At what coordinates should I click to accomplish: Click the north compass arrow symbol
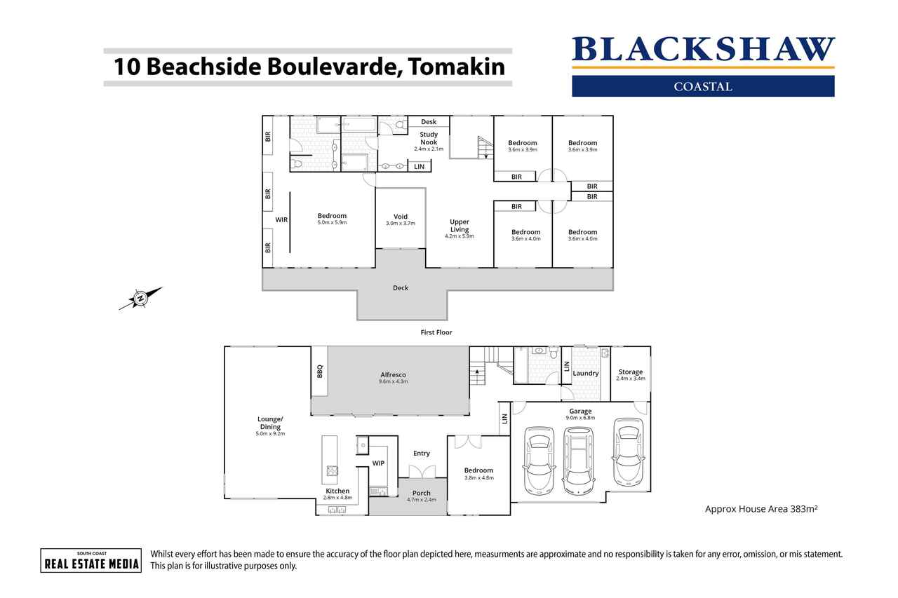(140, 298)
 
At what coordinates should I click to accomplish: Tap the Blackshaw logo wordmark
(703, 49)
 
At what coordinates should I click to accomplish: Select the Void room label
(401, 217)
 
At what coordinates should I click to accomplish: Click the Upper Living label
(460, 226)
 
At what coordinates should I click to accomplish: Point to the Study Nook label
(429, 138)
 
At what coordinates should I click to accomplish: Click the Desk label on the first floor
(429, 122)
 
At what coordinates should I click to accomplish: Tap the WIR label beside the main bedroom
(281, 220)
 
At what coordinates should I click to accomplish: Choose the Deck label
(401, 288)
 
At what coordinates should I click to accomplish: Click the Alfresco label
(394, 375)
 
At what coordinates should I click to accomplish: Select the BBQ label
(319, 371)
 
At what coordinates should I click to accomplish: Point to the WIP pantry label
(378, 463)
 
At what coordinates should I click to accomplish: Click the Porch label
(422, 493)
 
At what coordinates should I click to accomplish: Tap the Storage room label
(631, 372)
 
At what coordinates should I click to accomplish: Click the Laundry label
(586, 373)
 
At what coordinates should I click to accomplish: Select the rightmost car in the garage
(628, 451)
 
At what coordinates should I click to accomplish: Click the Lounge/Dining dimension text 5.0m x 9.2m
(270, 434)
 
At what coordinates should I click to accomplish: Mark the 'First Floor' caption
(436, 332)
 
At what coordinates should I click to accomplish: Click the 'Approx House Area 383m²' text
(761, 509)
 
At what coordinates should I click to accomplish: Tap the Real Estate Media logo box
(91, 561)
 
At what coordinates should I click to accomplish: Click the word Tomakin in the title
(457, 67)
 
